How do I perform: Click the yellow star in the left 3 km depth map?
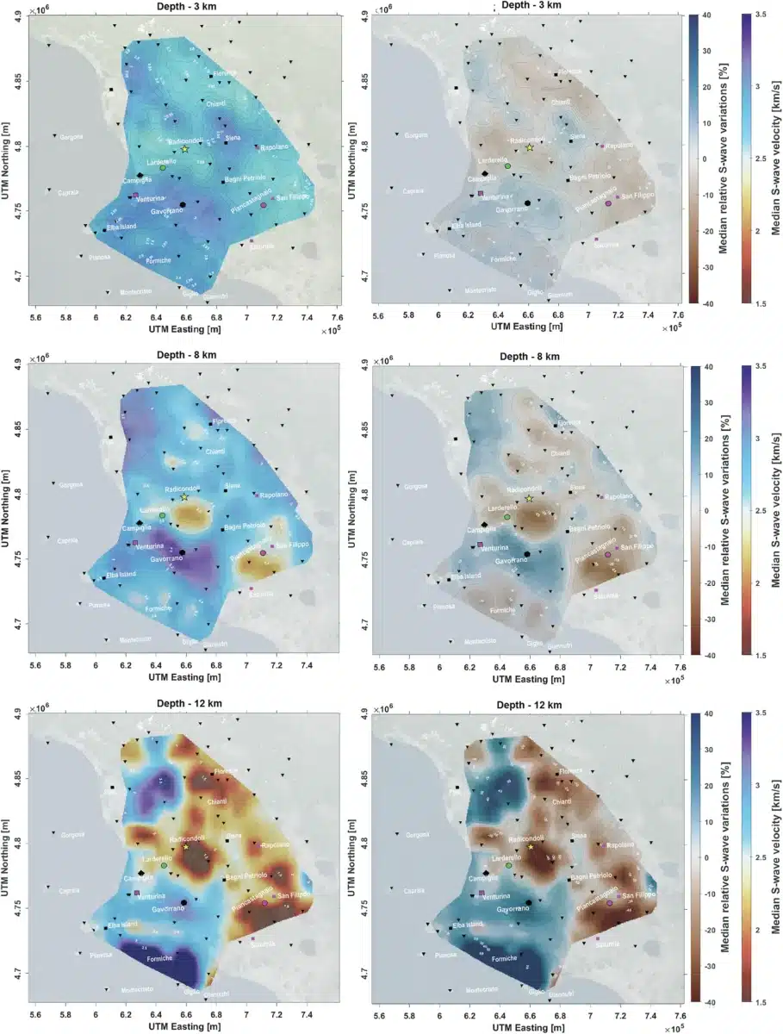tap(185, 149)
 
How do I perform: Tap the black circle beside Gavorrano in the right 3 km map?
tap(526, 202)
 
